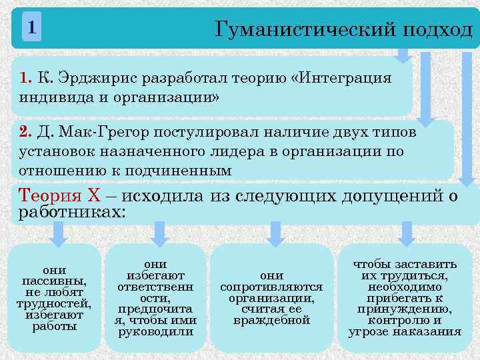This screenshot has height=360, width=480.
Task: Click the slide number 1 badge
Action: (x=31, y=28)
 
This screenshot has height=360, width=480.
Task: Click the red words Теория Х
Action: (x=60, y=196)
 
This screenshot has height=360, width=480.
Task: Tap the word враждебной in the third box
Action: (x=271, y=320)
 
